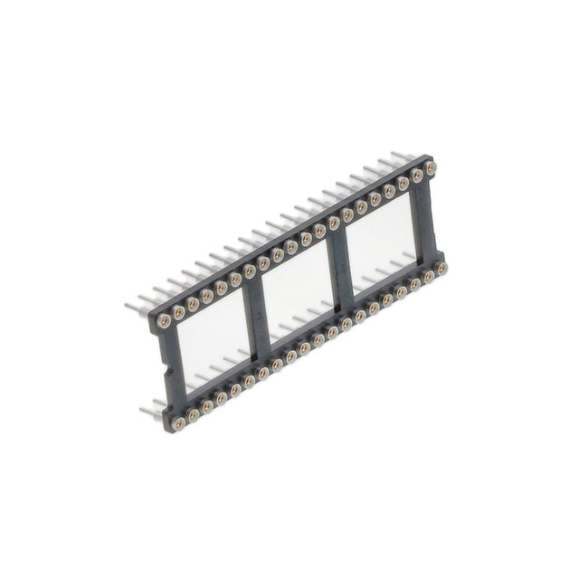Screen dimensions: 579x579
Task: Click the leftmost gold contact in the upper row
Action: (x=164, y=319)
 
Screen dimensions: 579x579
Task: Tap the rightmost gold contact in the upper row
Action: (x=431, y=168)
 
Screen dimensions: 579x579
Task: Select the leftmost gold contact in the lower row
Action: (x=177, y=422)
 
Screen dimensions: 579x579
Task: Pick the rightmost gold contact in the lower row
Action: (x=442, y=269)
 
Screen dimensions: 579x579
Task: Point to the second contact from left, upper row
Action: (x=178, y=311)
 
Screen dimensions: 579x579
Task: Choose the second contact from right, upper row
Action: (x=417, y=176)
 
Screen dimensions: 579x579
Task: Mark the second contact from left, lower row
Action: (x=192, y=414)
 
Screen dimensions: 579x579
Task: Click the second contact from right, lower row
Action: (x=429, y=276)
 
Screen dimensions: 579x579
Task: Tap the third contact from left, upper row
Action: (x=193, y=304)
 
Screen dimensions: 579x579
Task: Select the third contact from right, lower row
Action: (x=415, y=284)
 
